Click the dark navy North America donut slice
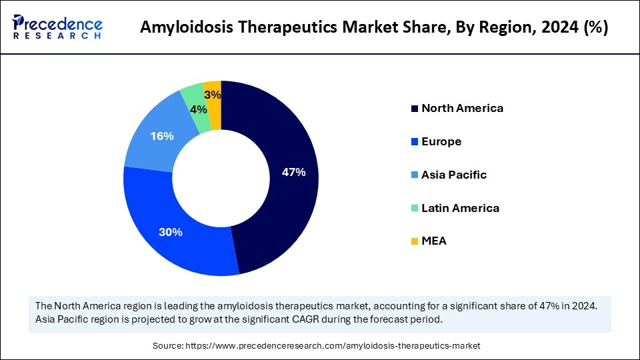[287, 200]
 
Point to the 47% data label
[293, 172]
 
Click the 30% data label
[171, 232]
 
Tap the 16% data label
[162, 136]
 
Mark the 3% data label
[213, 95]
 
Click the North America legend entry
[462, 108]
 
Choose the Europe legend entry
[441, 141]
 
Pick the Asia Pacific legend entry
[453, 175]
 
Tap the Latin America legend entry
[460, 208]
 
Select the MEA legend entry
[433, 241]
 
